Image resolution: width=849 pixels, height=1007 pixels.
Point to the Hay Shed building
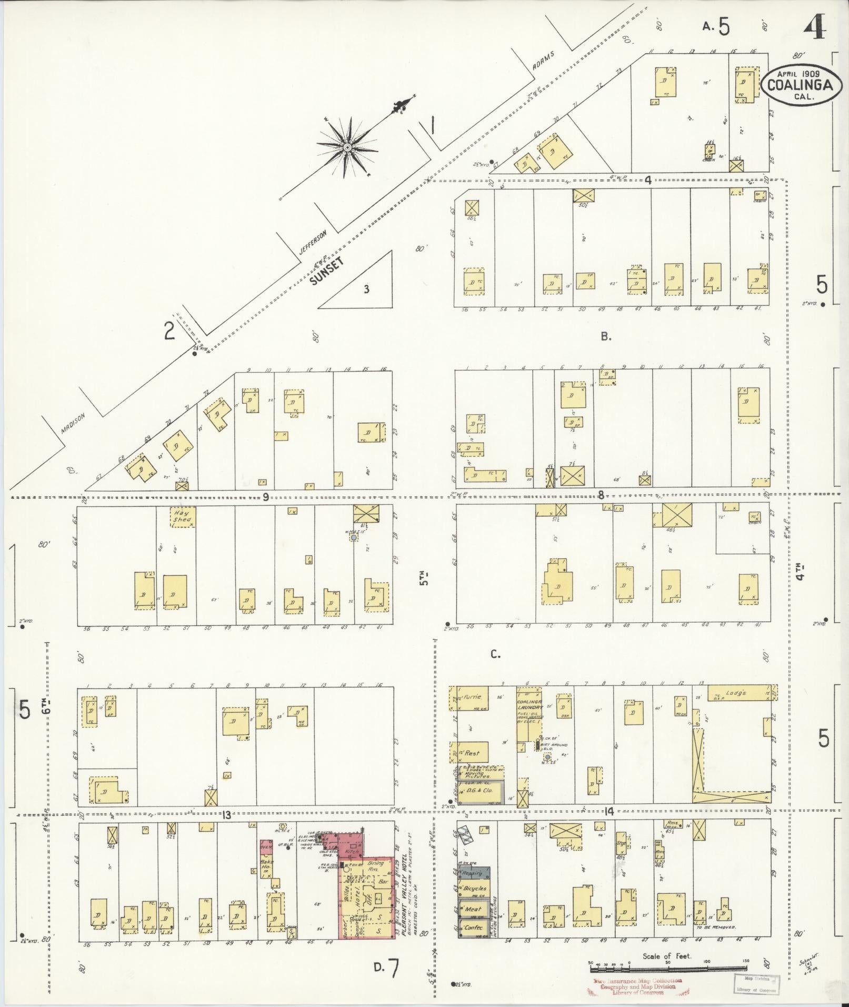click(x=183, y=517)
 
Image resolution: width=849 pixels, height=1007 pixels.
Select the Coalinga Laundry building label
click(x=529, y=709)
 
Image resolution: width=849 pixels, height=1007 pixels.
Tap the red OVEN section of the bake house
click(x=265, y=847)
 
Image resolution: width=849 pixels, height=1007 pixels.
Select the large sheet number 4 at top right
click(x=814, y=26)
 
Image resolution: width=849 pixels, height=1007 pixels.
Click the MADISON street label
click(x=72, y=422)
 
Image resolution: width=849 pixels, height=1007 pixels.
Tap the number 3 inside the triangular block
click(x=366, y=288)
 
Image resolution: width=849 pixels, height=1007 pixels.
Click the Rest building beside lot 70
click(x=472, y=753)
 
